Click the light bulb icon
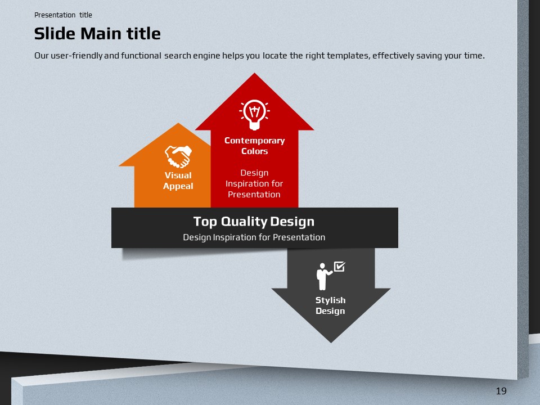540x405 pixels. pyautogui.click(x=254, y=115)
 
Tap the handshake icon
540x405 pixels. pyautogui.click(x=178, y=156)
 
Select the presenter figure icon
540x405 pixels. pyautogui.click(x=324, y=277)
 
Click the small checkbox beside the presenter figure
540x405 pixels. pyautogui.click(x=340, y=267)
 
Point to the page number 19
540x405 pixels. pyautogui.click(x=501, y=391)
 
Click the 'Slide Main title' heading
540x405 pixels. pyautogui.click(x=97, y=34)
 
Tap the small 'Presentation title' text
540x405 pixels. pyautogui.click(x=63, y=15)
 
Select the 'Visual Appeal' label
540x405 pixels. pyautogui.click(x=178, y=181)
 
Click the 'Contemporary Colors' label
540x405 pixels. pyautogui.click(x=254, y=146)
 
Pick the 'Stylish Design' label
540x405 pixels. pyautogui.click(x=331, y=305)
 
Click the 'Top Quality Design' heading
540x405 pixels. pyautogui.click(x=254, y=222)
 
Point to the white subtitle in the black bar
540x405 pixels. pyautogui.click(x=254, y=237)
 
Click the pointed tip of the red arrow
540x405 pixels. pyautogui.click(x=254, y=73)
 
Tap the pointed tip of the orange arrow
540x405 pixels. pyautogui.click(x=178, y=123)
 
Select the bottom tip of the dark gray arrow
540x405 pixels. pyautogui.click(x=331, y=343)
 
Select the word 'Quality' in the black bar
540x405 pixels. pyautogui.click(x=244, y=222)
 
